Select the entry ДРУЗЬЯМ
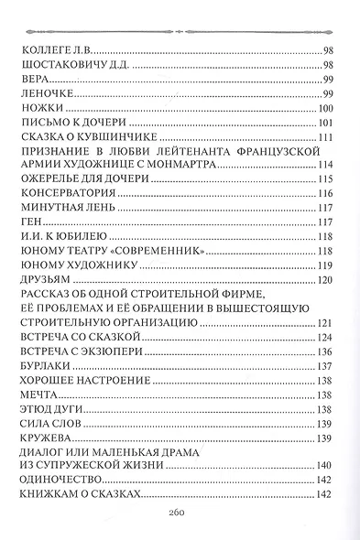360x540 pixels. [42, 277]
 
